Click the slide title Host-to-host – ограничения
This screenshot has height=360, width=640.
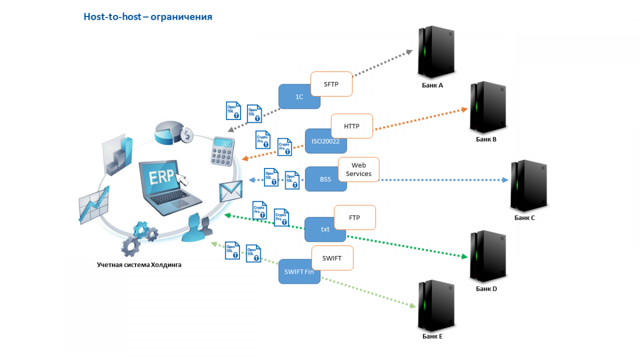148,17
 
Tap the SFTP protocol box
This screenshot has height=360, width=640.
331,84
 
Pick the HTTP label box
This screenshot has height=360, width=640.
351,126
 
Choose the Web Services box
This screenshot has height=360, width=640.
358,170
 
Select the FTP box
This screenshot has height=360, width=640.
355,218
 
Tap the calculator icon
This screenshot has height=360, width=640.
221,151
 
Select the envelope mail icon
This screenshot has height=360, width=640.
231,191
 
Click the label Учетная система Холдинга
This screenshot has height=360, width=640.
139,264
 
